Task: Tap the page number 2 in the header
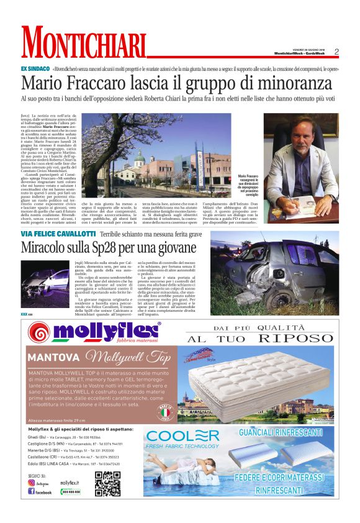pos(336,52)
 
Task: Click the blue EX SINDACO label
pos(35,68)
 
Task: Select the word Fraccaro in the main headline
pos(112,83)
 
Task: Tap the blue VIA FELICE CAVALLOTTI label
pos(58,234)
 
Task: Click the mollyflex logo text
pos(105,332)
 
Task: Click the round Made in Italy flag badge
pos(165,412)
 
